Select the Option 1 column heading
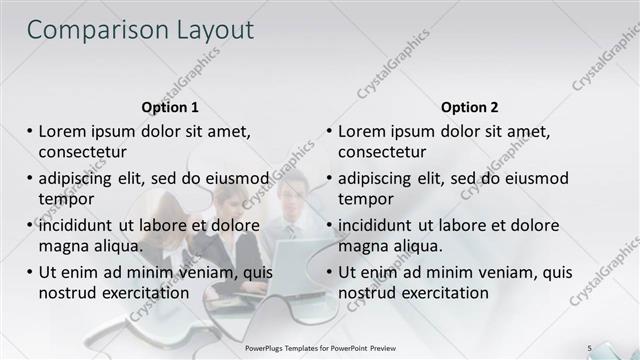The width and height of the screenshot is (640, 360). (170, 107)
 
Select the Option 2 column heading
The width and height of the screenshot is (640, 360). (469, 107)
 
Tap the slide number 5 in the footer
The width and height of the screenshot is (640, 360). (589, 347)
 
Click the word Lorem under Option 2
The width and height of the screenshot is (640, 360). (366, 131)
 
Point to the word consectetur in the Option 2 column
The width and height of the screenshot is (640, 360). (382, 152)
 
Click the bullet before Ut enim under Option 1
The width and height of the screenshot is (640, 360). (29, 272)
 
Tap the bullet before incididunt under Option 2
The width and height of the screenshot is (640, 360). (329, 225)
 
